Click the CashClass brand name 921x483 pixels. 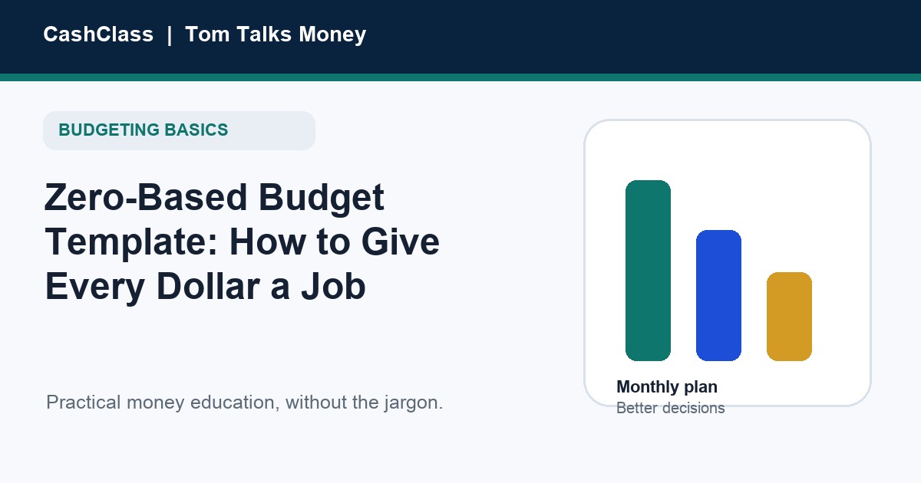98,34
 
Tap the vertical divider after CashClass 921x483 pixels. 170,35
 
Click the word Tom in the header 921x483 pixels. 207,34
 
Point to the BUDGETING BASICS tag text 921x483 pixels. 143,130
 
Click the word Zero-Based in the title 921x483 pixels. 145,198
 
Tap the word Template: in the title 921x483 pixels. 131,243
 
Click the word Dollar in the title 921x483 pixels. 209,286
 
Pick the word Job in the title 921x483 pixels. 333,286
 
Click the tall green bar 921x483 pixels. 648,271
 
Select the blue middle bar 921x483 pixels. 718,296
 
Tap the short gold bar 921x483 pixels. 790,317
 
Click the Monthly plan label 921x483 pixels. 667,387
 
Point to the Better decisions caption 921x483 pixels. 671,408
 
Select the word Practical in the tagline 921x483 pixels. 84,402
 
